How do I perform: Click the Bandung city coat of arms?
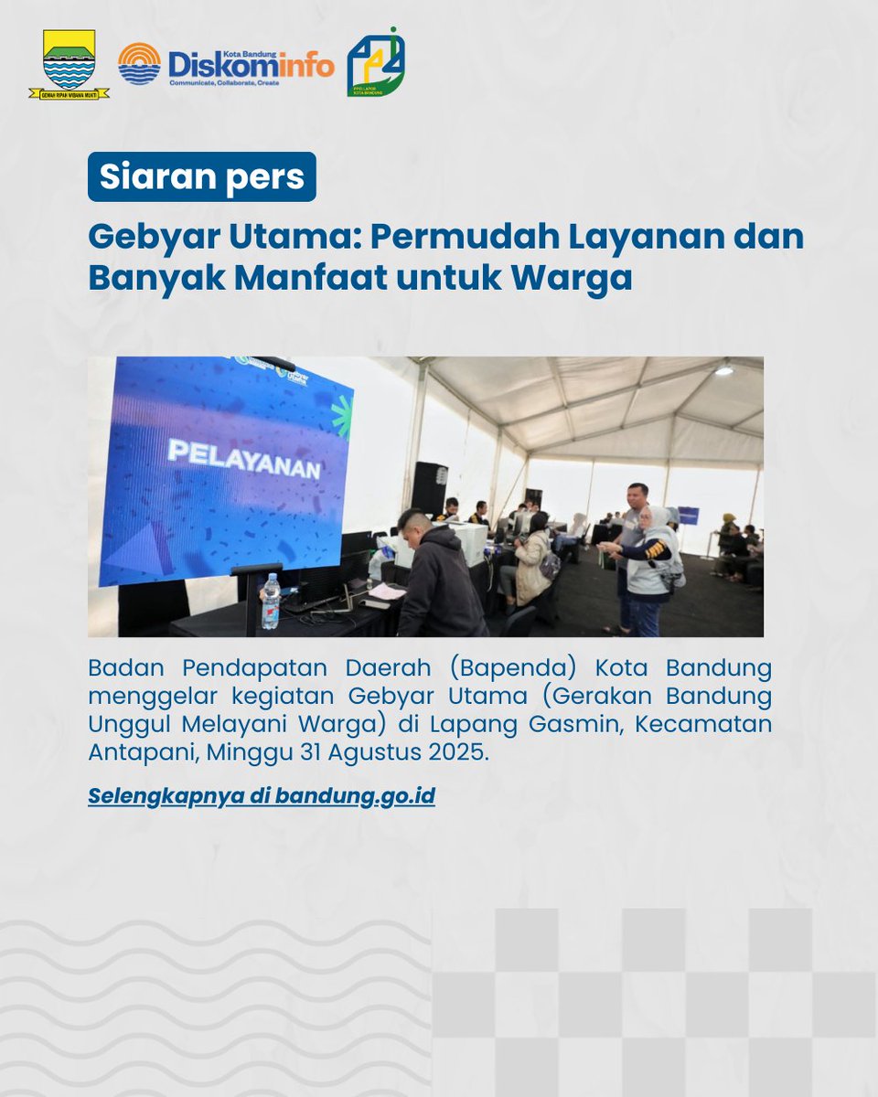click(69, 62)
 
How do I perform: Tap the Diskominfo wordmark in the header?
click(251, 63)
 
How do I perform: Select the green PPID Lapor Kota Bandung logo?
click(376, 63)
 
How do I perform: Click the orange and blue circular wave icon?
click(139, 63)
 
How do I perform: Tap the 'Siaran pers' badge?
click(201, 176)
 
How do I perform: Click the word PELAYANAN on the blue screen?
click(242, 460)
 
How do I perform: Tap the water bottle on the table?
click(270, 602)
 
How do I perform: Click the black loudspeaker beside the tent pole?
click(429, 487)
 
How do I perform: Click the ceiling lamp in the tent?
click(724, 370)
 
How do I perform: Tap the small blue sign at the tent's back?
click(689, 516)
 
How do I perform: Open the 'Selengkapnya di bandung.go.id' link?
click(262, 795)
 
